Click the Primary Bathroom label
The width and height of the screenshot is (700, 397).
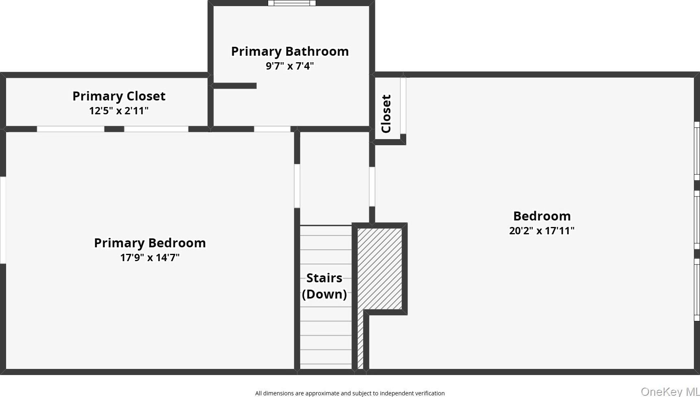click(290, 51)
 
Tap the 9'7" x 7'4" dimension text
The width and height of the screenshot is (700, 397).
click(290, 66)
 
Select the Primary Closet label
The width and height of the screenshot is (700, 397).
click(119, 96)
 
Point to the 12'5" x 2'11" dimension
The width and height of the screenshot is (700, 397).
click(119, 111)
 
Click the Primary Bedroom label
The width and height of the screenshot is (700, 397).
click(150, 243)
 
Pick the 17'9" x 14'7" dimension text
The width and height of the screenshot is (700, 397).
click(150, 257)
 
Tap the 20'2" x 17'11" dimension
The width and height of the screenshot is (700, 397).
click(542, 231)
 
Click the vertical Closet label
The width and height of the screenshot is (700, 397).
click(386, 113)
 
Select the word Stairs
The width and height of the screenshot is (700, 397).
click(324, 278)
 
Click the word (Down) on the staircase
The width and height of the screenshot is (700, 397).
click(324, 294)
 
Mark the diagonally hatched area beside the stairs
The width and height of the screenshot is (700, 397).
click(379, 268)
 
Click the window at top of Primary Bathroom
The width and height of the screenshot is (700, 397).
click(292, 3)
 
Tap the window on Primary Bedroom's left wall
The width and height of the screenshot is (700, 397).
click(3, 220)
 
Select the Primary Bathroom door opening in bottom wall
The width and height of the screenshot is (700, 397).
click(272, 129)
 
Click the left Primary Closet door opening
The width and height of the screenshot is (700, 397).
click(71, 129)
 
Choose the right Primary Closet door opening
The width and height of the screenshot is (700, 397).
click(156, 129)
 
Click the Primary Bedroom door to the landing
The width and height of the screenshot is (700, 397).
click(297, 186)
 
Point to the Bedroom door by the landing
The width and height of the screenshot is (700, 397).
click(372, 187)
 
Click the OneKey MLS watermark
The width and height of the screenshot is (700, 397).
click(670, 391)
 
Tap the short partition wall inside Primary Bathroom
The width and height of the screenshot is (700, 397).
click(234, 86)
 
